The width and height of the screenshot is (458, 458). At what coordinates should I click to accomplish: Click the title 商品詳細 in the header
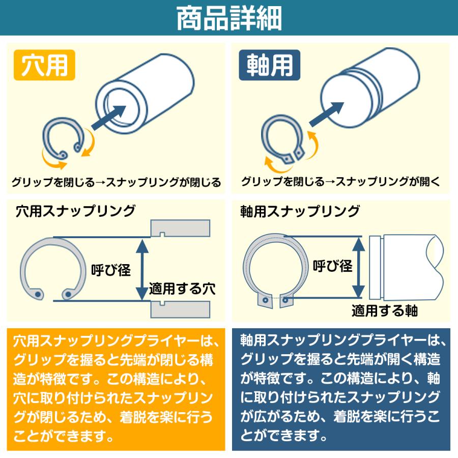tap(228, 19)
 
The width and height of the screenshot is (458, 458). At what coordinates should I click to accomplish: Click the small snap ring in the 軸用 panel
tap(282, 140)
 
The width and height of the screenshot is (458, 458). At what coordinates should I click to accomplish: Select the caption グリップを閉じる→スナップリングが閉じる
tap(116, 182)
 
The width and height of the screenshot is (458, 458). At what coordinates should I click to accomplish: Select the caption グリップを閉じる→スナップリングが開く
tap(340, 182)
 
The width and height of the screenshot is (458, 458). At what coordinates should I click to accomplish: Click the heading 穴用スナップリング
tap(76, 210)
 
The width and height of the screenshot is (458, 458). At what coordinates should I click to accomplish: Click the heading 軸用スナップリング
tap(300, 211)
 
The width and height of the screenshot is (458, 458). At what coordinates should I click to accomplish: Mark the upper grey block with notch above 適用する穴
tap(180, 227)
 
